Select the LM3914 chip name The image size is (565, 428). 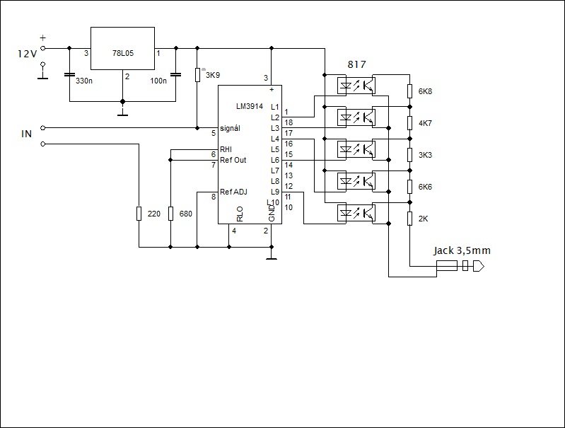pos(250,106)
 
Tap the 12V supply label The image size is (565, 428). pos(27,54)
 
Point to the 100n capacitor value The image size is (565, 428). pos(158,81)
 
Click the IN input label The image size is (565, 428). pos(26,133)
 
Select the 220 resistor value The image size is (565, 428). pos(153,213)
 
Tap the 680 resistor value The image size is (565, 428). pos(186,213)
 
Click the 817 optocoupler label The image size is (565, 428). pos(357,65)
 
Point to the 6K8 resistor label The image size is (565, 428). pos(425,91)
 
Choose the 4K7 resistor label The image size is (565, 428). pos(425,123)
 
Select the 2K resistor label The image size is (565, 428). pos(423,219)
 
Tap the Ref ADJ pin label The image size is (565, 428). pos(234,192)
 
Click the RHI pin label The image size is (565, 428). pos(226,149)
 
